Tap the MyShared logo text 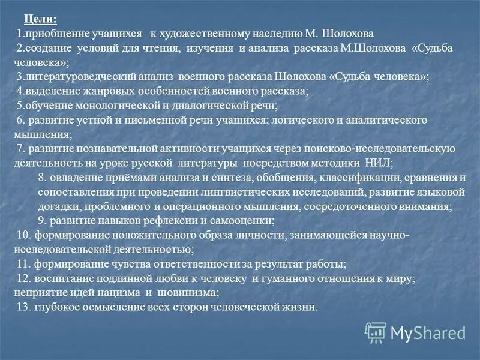[428, 332]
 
